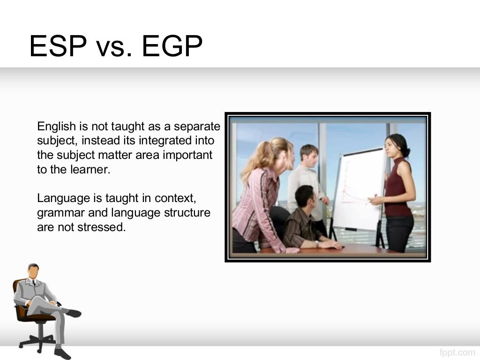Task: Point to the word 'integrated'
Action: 165,141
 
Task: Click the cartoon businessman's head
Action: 33,272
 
